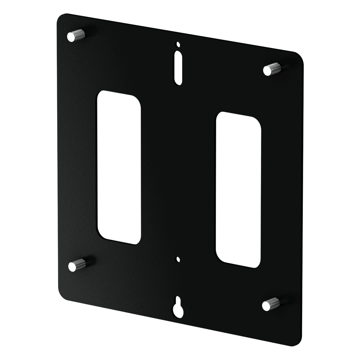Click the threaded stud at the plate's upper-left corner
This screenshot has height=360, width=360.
click(x=76, y=35)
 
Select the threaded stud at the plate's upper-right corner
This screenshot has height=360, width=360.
click(x=272, y=69)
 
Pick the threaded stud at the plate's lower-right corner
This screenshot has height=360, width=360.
click(x=271, y=304)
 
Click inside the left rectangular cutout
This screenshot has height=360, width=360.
click(x=118, y=167)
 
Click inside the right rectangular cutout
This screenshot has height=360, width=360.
click(x=238, y=190)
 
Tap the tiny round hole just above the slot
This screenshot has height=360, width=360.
click(x=177, y=45)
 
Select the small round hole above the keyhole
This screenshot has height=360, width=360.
click(x=177, y=259)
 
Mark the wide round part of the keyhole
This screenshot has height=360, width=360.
click(x=177, y=310)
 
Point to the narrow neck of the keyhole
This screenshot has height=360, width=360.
click(x=177, y=301)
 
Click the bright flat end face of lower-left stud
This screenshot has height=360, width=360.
click(x=72, y=266)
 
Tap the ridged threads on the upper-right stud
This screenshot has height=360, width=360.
click(x=275, y=68)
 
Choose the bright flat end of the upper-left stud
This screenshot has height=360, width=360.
click(x=71, y=36)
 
